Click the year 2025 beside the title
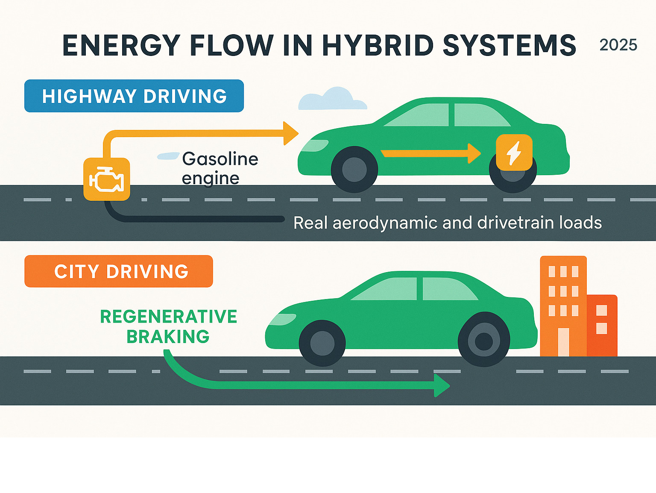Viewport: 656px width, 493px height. point(618,45)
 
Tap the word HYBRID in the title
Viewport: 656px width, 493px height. point(378,45)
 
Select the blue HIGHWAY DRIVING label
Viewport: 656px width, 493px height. point(134,96)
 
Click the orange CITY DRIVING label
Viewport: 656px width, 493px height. point(119,271)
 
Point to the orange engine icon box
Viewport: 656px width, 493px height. point(106,179)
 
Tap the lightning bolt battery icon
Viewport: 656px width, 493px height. point(514,153)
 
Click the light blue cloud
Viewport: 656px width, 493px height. point(332,99)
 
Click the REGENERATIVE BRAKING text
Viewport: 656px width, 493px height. point(168,326)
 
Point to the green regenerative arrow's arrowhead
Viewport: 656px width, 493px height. point(442,385)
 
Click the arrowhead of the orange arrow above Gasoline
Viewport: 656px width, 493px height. point(290,133)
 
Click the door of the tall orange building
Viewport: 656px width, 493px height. point(563,342)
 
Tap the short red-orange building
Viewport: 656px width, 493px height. point(602,325)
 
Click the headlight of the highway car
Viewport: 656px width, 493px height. point(314,146)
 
